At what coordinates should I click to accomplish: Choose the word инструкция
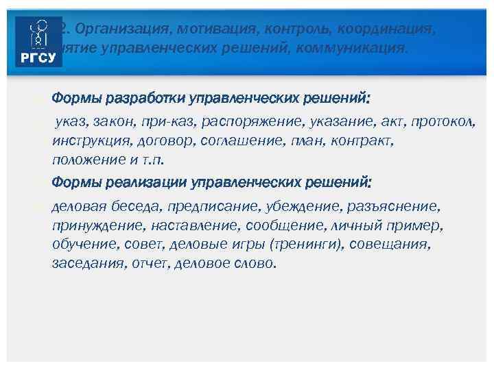tap(86, 141)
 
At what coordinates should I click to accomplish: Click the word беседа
tap(128, 206)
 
